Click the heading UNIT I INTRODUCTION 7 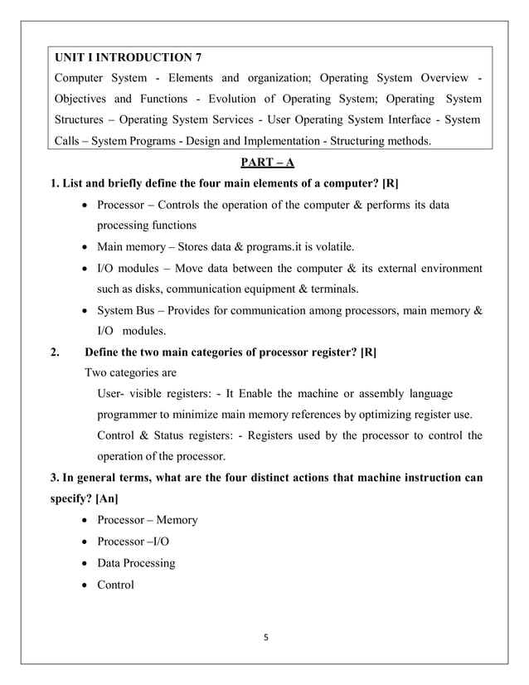(x=128, y=57)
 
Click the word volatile (x=331, y=246)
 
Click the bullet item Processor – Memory (x=147, y=520)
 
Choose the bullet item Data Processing (x=136, y=563)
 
